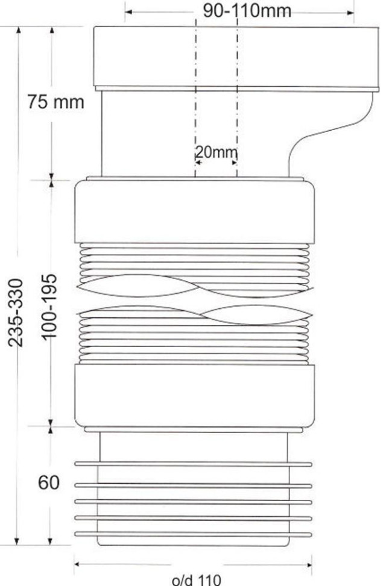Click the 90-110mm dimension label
[x=247, y=10]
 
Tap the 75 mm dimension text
[x=56, y=102]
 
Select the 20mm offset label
[x=217, y=152]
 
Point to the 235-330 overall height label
[x=16, y=313]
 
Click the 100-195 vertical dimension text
[x=49, y=307]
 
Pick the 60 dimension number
[x=49, y=482]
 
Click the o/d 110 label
[x=197, y=579]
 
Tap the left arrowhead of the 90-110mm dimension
[x=128, y=12]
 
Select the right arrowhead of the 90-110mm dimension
[x=350, y=13]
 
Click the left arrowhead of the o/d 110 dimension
[x=78, y=564]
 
